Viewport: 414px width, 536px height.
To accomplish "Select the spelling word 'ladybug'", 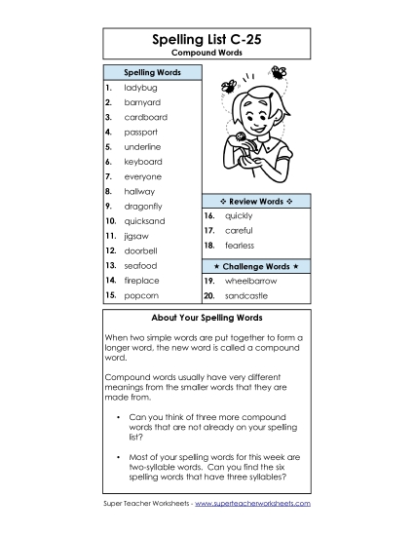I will (x=139, y=88).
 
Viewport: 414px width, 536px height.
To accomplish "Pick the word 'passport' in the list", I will (x=140, y=132).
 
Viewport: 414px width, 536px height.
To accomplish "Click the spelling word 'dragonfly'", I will (x=143, y=207).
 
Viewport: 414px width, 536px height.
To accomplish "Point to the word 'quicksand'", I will (x=145, y=221).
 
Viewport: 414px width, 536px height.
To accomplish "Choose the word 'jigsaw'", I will (x=137, y=236).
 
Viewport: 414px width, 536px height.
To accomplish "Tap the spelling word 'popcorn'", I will (x=141, y=294).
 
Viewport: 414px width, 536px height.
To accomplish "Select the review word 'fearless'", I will (x=239, y=246).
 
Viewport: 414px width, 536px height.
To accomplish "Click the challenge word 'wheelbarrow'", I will (x=249, y=280).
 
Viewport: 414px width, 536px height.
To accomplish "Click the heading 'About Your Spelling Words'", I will (x=207, y=319).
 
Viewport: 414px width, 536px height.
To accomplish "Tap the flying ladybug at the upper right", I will (x=281, y=71).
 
